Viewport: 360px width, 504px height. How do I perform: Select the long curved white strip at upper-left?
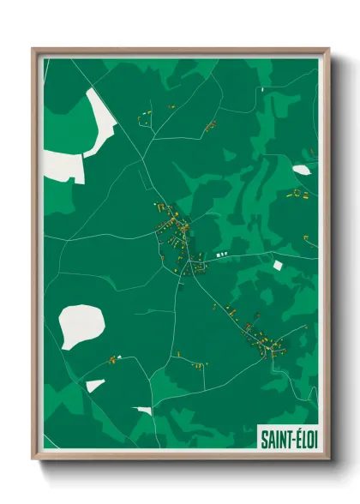click(101, 124)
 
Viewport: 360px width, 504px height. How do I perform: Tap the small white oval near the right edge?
click(302, 170)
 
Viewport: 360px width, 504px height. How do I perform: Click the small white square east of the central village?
click(276, 265)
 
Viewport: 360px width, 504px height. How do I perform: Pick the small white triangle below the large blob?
click(93, 385)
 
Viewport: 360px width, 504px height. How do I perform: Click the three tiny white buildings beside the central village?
click(222, 255)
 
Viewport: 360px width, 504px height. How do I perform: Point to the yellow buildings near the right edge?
click(297, 194)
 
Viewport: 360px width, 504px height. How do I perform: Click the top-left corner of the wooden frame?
click(33, 50)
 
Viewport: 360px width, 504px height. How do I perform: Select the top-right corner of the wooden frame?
click(328, 50)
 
